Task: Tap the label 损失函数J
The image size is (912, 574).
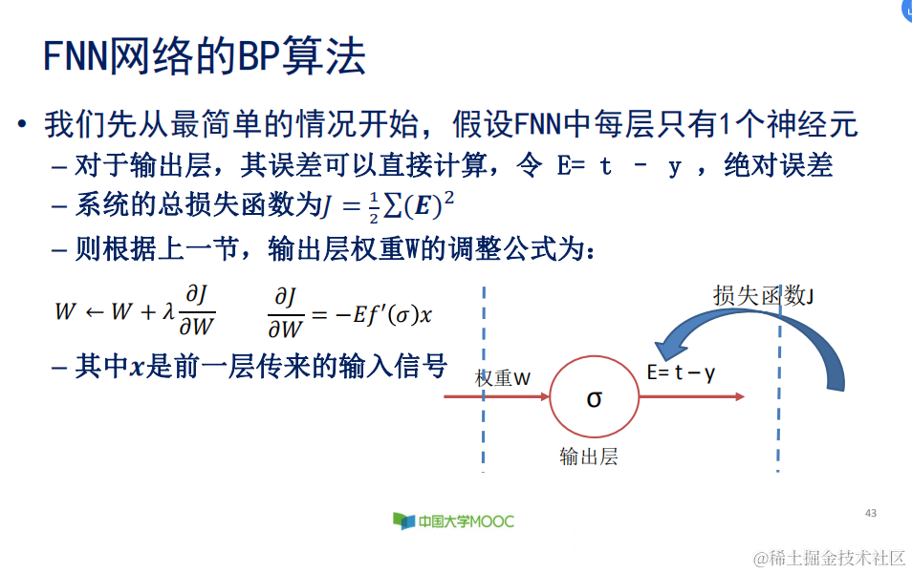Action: point(764,296)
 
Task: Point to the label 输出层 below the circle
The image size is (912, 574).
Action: point(589,457)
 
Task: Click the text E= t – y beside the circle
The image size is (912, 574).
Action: point(681,372)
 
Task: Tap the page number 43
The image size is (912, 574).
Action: point(870,513)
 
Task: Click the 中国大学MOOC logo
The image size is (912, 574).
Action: point(453,521)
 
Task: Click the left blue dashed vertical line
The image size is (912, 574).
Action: point(485,382)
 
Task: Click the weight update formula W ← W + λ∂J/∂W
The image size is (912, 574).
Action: point(135,313)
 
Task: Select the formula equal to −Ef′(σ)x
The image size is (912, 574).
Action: point(356,313)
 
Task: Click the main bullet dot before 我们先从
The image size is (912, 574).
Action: point(21,125)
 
